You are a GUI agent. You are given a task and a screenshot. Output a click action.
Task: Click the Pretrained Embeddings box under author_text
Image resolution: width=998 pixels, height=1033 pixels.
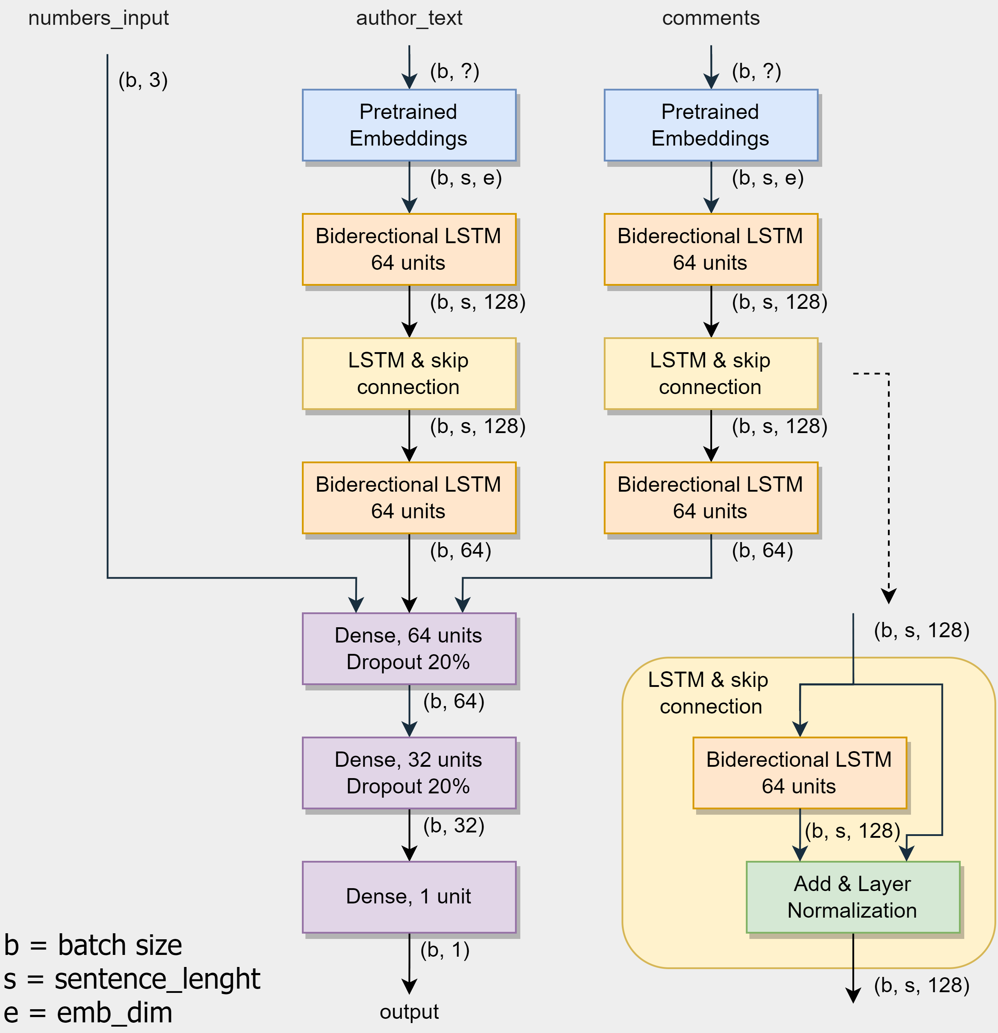tap(409, 125)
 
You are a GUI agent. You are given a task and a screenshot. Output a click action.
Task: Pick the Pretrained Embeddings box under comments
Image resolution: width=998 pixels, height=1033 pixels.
tap(711, 125)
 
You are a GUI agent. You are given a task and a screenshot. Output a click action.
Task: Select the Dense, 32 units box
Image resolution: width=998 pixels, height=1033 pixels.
tap(409, 773)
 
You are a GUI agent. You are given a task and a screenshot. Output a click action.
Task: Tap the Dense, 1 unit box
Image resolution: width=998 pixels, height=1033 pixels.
tap(409, 896)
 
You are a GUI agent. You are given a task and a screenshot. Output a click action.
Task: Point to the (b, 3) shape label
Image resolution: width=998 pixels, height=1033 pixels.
tap(143, 80)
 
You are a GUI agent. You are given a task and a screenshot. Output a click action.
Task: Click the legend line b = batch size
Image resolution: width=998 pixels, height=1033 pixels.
tap(93, 945)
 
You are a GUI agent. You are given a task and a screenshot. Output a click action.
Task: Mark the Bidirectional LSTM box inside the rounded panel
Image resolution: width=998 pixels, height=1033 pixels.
tap(799, 773)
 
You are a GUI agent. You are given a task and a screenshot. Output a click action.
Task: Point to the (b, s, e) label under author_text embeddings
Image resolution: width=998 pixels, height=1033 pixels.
tap(466, 178)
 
